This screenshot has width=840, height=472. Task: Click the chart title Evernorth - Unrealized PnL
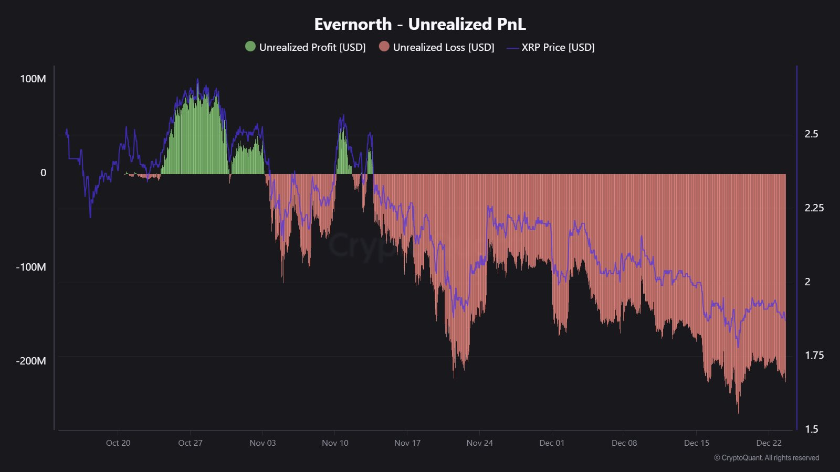click(420, 24)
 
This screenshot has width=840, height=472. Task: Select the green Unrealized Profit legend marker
click(250, 47)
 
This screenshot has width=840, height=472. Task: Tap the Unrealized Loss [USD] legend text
click(444, 47)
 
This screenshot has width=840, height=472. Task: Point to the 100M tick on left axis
click(33, 79)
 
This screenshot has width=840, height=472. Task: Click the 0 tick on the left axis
click(43, 173)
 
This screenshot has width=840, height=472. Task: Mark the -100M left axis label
click(31, 267)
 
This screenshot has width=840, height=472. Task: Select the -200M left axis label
click(31, 361)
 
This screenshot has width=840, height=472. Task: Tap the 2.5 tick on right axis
click(811, 134)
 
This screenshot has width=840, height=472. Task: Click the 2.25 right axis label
click(814, 208)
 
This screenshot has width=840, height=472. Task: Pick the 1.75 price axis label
click(814, 356)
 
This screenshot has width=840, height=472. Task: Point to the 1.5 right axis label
click(811, 430)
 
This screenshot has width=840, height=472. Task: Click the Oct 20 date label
click(118, 443)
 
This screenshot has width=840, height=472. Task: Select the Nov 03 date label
click(262, 443)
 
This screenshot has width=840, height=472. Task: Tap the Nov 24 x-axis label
click(479, 443)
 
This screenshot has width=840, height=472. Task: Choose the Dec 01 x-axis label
click(552, 443)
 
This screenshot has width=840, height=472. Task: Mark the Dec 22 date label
click(769, 443)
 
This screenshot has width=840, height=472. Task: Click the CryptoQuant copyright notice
click(766, 458)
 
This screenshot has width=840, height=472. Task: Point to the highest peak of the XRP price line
click(197, 80)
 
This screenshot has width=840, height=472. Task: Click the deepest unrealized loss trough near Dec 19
click(739, 412)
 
